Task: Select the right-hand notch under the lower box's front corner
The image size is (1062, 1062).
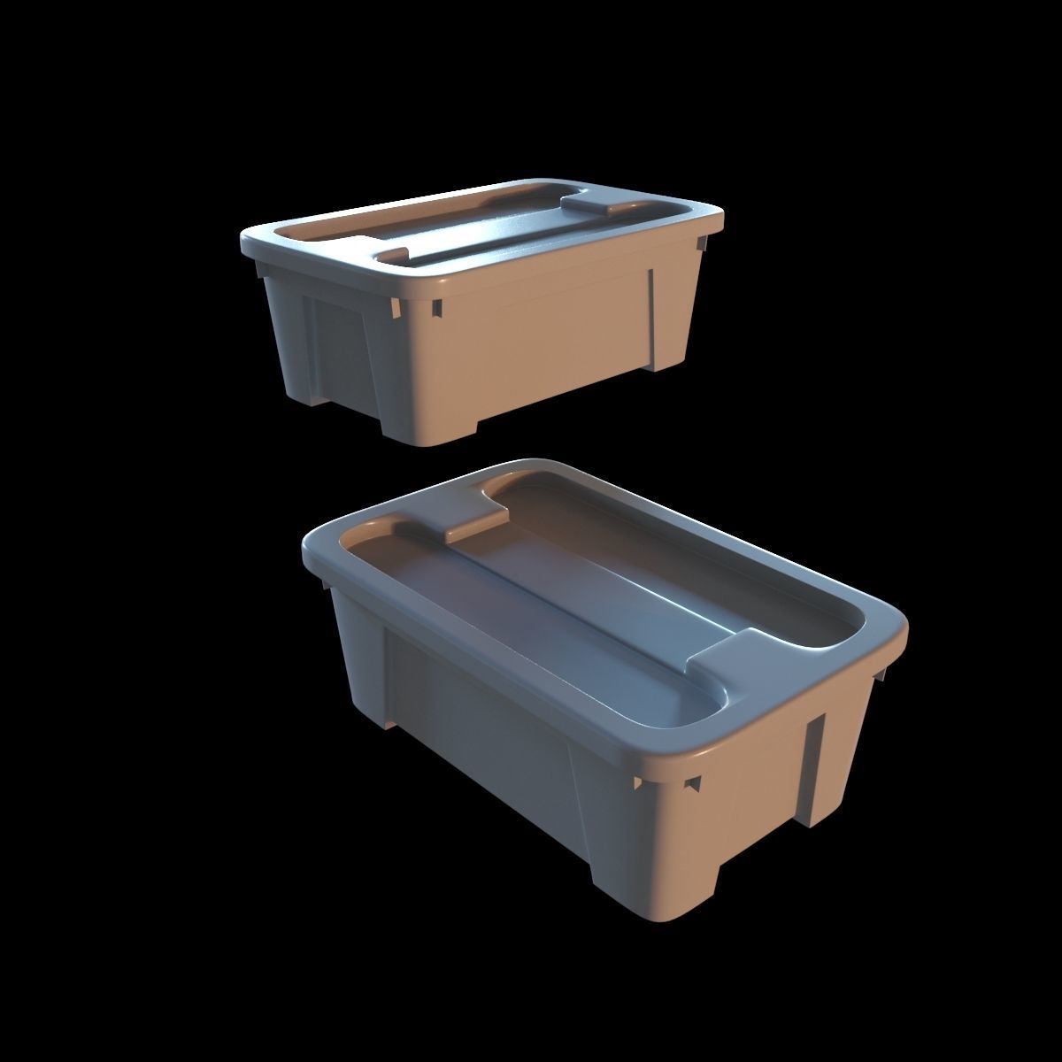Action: click(695, 783)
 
